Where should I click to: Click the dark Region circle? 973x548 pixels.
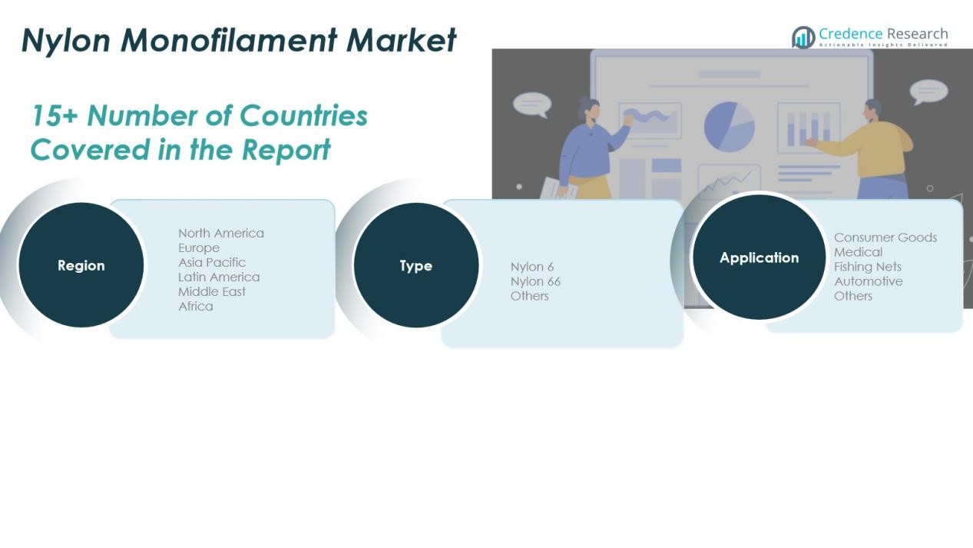(81, 264)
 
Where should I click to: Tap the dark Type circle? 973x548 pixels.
(416, 265)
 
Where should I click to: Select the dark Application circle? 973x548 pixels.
(759, 257)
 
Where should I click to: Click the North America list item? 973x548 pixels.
(221, 234)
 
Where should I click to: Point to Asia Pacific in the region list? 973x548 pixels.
(211, 263)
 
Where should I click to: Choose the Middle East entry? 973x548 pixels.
(211, 291)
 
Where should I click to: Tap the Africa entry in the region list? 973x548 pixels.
(196, 307)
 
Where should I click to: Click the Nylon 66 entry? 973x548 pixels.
(535, 281)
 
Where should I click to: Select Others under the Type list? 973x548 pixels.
(529, 296)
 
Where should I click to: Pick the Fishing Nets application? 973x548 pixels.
(868, 267)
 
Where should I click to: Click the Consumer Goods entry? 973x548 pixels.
(885, 237)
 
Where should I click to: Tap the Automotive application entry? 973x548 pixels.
(869, 281)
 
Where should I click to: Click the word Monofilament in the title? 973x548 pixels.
(229, 40)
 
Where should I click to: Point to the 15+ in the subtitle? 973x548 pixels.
(55, 116)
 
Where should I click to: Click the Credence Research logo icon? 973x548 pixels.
(803, 37)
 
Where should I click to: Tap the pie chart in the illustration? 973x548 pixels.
(729, 127)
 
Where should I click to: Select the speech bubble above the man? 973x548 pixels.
(928, 92)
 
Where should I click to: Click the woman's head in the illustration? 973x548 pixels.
(590, 111)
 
